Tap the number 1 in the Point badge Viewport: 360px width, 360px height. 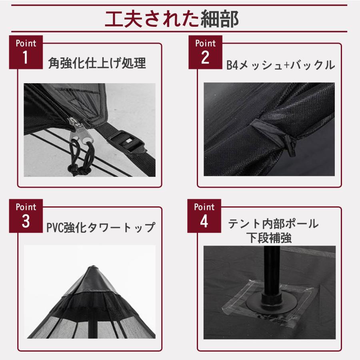click(x=25, y=58)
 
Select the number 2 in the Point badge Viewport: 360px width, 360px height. click(x=205, y=58)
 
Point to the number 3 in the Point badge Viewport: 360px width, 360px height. click(x=26, y=222)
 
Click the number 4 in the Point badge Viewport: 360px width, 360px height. click(x=204, y=222)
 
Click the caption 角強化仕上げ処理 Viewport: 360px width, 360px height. click(x=97, y=63)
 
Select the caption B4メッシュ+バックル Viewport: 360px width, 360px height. click(x=280, y=65)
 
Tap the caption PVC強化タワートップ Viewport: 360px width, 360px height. click(x=100, y=227)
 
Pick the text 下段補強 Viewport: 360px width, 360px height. click(x=269, y=238)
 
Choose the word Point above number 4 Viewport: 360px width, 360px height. click(x=204, y=207)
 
